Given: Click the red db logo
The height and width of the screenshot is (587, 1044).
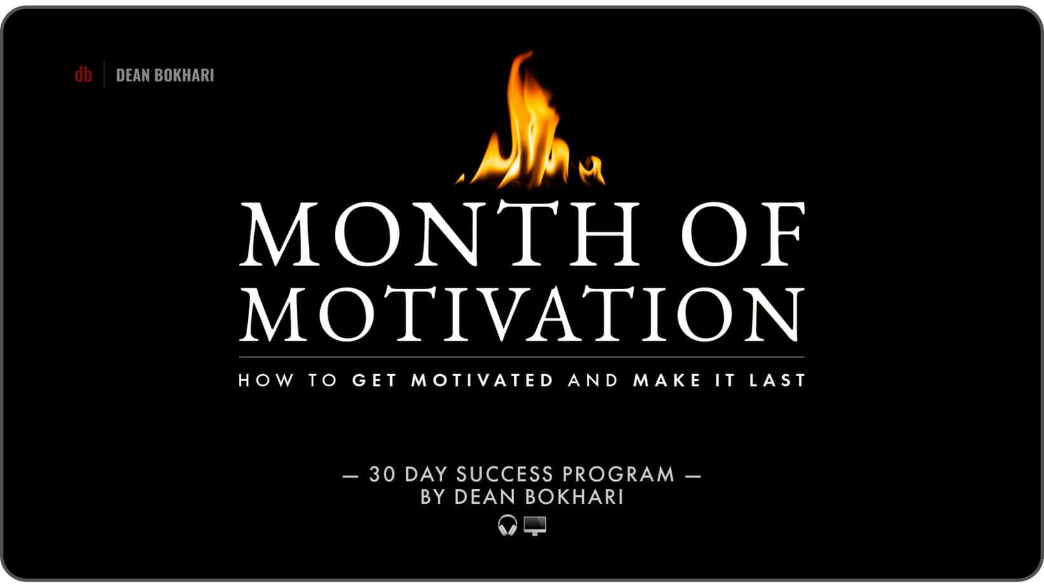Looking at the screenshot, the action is tap(83, 74).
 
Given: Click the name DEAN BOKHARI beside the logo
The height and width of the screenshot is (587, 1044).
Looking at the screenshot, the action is tap(165, 75).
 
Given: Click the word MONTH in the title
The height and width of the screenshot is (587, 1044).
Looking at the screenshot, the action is tap(440, 234).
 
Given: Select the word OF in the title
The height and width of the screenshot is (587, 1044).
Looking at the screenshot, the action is tap(743, 234).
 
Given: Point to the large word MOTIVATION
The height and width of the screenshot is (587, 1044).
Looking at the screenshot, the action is tap(522, 314).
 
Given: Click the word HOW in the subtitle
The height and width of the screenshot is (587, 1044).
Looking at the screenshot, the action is tap(266, 380).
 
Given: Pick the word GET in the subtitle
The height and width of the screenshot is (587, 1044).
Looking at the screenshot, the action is tap(374, 380).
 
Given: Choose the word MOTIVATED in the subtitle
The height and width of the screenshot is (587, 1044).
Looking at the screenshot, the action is tap(482, 380).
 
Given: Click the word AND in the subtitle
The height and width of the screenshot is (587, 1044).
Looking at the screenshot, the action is tap(593, 380).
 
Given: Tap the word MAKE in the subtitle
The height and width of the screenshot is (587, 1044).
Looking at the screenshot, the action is tap(667, 380).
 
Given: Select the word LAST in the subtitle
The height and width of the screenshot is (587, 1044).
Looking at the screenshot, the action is tap(777, 380).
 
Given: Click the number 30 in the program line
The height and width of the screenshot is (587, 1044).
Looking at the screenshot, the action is tap(383, 475).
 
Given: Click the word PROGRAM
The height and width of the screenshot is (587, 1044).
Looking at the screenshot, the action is tap(618, 475).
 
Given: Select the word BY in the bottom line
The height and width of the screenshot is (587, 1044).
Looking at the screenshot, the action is tap(432, 497).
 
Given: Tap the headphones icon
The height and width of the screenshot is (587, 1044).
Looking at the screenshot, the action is tap(508, 525).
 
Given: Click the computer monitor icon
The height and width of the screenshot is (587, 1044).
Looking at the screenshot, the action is tap(534, 525).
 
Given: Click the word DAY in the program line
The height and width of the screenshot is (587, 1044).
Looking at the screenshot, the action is tap(426, 475).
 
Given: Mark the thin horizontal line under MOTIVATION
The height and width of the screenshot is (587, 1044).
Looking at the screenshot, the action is tap(522, 357).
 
